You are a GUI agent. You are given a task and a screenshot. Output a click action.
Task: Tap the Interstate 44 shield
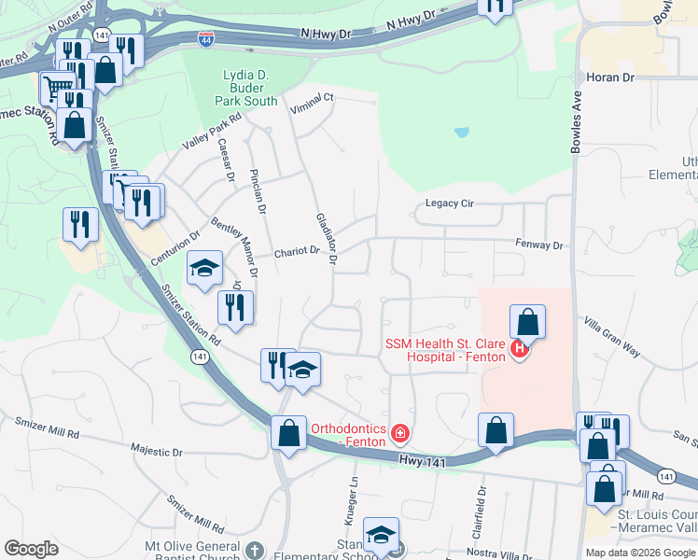(205, 39)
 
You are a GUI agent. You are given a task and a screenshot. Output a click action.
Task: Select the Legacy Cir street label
(450, 203)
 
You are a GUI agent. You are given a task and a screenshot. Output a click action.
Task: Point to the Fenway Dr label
(540, 245)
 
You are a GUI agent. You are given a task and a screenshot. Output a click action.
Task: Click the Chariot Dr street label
(297, 252)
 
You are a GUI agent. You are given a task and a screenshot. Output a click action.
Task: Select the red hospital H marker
(520, 352)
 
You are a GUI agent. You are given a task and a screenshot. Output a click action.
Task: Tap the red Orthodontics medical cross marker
(400, 433)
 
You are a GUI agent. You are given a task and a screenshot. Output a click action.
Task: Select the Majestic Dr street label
(154, 449)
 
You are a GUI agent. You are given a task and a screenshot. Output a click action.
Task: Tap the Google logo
(31, 549)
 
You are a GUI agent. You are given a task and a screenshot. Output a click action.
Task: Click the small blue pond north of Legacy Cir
(461, 133)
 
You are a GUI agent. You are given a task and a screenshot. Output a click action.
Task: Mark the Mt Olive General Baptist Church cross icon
(258, 549)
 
